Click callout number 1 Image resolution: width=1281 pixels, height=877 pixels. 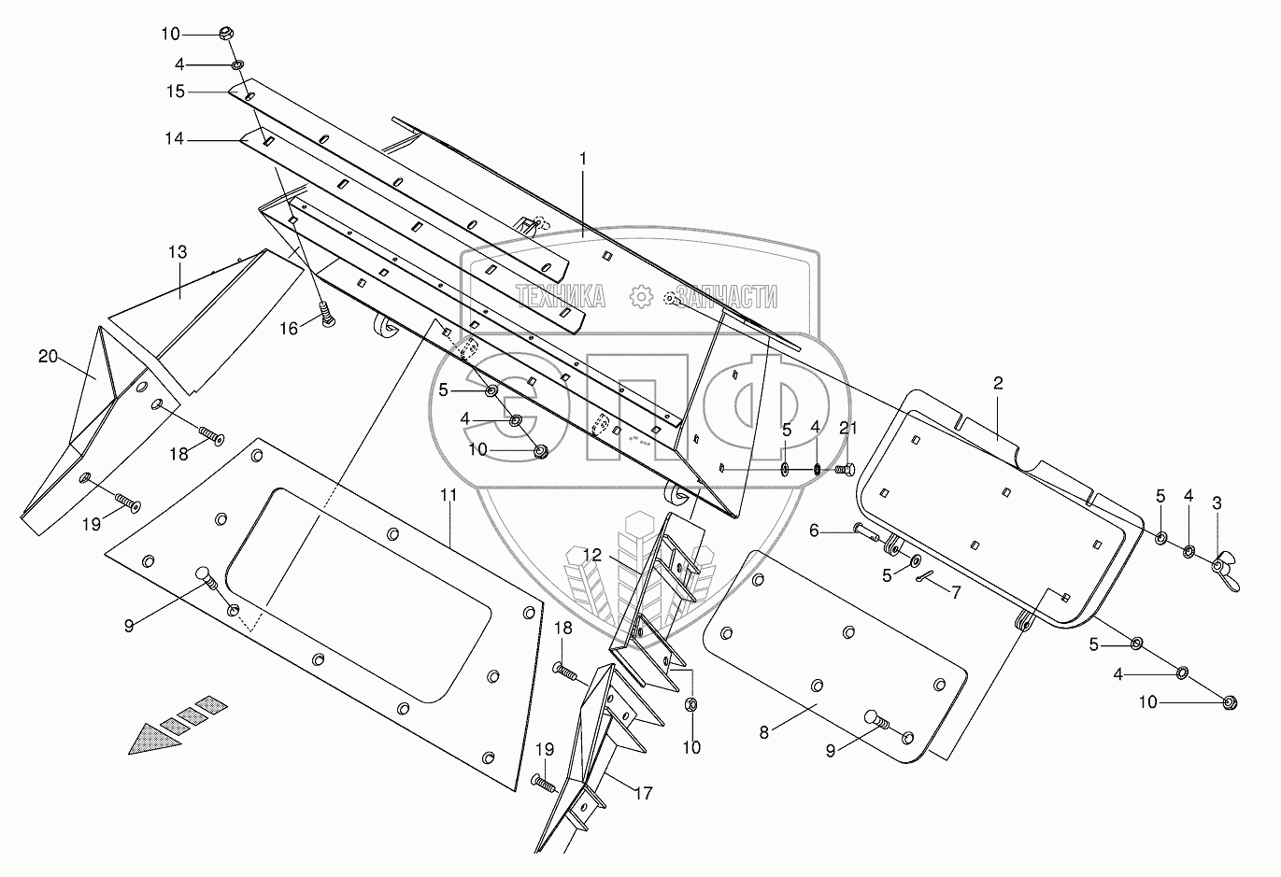click(583, 159)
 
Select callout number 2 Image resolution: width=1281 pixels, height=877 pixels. click(998, 383)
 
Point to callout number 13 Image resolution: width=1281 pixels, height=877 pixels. click(178, 252)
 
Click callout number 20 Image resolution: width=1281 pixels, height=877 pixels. click(48, 357)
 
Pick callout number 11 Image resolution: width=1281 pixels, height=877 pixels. click(448, 495)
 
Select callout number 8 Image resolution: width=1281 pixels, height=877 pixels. click(764, 732)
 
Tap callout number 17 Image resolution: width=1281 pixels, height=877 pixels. click(644, 794)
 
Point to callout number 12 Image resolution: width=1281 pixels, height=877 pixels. click(592, 554)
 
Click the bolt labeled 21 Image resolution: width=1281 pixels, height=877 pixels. click(844, 470)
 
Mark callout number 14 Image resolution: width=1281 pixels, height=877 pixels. click(175, 139)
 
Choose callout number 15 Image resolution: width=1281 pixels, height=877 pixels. click(176, 92)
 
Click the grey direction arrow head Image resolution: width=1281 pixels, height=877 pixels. click(154, 739)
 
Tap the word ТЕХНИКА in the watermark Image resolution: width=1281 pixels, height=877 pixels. click(561, 296)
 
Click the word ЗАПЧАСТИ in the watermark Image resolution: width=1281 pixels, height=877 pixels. click(726, 296)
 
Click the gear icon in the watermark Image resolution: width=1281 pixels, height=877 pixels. click(641, 297)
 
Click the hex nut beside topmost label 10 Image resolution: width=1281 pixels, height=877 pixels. click(227, 34)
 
